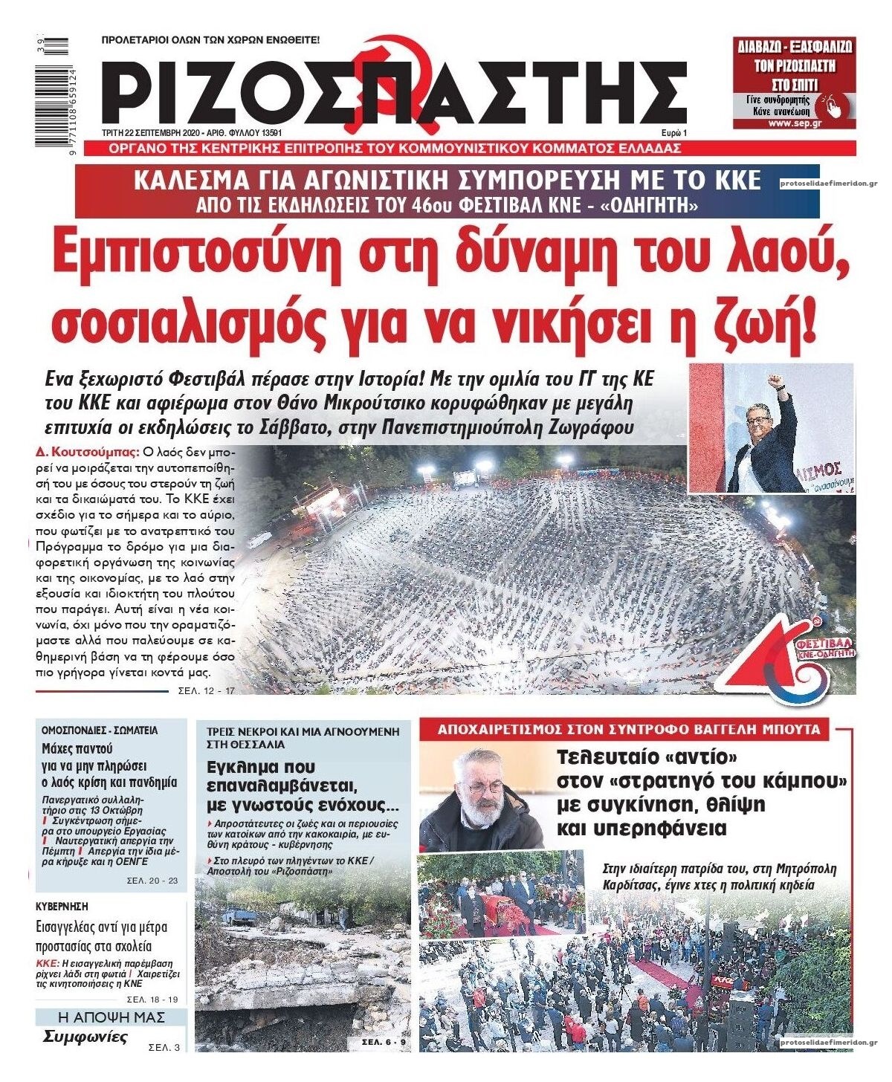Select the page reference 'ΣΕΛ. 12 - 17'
tap(207, 690)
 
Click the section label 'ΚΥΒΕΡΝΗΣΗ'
tap(62, 906)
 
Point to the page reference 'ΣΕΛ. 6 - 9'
tap(384, 1043)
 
